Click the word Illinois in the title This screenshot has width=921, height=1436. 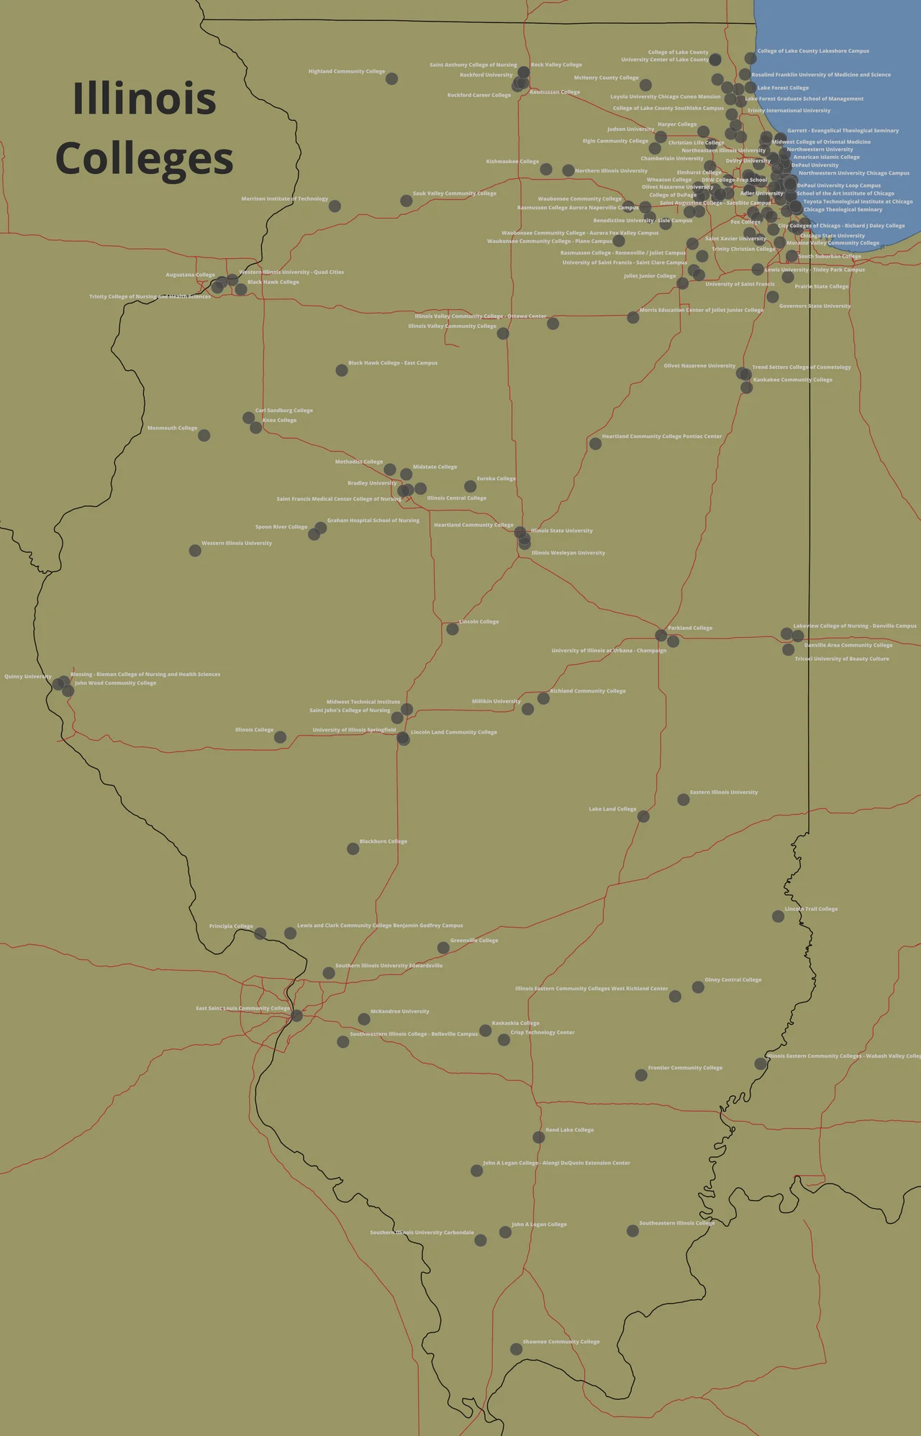[145, 99]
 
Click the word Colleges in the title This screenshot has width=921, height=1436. [145, 159]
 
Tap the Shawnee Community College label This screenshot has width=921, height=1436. [561, 1342]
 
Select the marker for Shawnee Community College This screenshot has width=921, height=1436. [516, 1349]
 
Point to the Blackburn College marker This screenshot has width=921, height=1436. [353, 849]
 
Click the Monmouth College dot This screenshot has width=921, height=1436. [204, 435]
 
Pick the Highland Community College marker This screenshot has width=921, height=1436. [391, 78]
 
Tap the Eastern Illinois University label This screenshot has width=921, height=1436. [723, 792]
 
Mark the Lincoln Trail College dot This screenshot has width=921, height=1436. [778, 916]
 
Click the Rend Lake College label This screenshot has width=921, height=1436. [569, 1130]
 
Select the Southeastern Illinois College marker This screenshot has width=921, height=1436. [632, 1230]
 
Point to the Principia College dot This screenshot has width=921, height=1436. [260, 933]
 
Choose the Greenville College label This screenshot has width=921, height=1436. [473, 941]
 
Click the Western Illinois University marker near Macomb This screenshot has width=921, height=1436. [195, 550]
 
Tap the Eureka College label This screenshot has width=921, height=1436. [496, 479]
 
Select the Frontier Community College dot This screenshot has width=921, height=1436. [640, 1075]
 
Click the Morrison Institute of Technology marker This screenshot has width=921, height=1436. [335, 206]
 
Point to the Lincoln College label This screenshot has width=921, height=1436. [478, 622]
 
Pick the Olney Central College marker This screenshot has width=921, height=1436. [698, 987]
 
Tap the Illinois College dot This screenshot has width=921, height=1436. [280, 737]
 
